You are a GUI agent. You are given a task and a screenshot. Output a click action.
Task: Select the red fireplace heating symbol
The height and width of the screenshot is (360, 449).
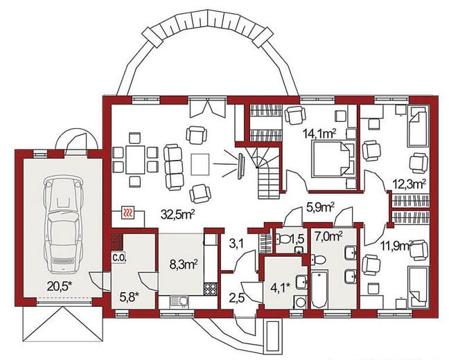(127, 213)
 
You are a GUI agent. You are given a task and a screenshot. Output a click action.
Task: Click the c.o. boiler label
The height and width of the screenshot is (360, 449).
(119, 258)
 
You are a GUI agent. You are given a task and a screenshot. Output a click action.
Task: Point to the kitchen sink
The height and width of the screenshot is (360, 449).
(179, 302)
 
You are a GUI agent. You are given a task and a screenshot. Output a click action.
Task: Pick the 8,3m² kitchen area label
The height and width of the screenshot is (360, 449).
(184, 264)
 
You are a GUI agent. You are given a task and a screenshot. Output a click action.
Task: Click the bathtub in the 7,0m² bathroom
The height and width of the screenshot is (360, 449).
(319, 290)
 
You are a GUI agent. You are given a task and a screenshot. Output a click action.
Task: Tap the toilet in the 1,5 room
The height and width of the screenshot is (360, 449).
(283, 239)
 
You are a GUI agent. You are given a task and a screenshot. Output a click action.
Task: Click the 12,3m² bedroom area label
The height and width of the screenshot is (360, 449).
(407, 184)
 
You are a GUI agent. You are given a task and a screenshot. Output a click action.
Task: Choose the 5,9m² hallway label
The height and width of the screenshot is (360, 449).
(320, 207)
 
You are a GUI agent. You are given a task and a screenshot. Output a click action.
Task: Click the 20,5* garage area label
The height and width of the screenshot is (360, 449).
(59, 286)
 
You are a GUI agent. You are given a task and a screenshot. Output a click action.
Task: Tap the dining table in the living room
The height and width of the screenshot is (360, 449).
(135, 159)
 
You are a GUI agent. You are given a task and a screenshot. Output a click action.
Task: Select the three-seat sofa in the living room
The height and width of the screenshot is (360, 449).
(173, 168)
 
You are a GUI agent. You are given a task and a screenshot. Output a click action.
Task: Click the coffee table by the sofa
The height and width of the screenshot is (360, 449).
(200, 164)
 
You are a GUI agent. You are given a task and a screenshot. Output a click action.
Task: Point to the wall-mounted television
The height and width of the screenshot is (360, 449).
(240, 165)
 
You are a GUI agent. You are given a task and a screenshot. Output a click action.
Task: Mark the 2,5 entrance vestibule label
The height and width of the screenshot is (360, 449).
(236, 298)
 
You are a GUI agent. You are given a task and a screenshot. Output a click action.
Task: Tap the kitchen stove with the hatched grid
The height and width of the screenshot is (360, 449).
(211, 289)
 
